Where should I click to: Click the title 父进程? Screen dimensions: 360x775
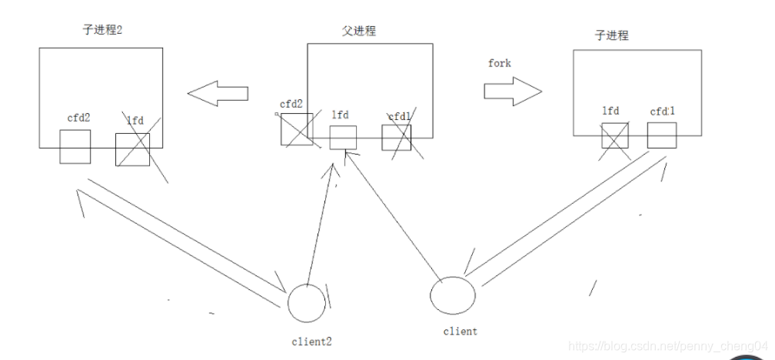point(359,32)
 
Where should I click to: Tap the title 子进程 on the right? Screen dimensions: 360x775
point(612,36)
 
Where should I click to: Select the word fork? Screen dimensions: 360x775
point(500,63)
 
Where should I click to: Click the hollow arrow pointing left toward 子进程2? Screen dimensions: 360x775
point(218,93)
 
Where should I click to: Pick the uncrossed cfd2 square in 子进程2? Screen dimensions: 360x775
point(75,146)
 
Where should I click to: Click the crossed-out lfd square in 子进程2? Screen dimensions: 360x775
point(132,149)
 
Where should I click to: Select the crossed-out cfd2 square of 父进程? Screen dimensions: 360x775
point(296,129)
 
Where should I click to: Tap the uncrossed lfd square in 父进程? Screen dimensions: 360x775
point(343,138)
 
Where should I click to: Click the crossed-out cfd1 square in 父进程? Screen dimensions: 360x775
point(397,137)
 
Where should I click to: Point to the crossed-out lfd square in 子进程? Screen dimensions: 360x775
point(615,135)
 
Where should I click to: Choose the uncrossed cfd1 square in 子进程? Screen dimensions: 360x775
point(662,135)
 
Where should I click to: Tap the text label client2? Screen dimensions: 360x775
point(312,339)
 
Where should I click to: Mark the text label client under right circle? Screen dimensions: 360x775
point(460,332)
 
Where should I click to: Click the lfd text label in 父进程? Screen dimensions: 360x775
point(341,115)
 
